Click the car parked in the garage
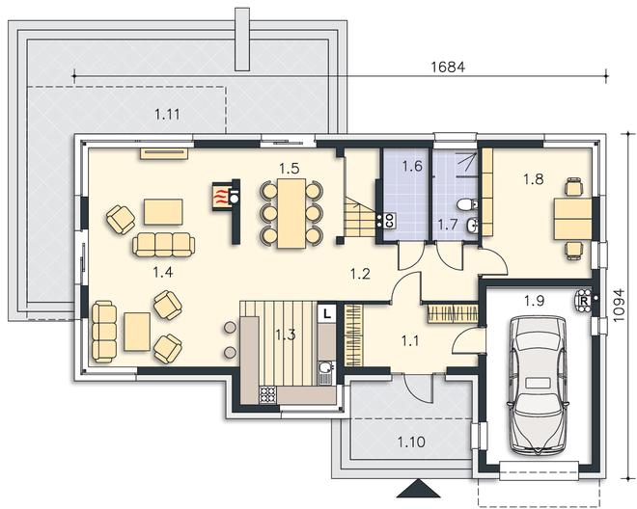click(537, 385)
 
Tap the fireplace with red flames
click(221, 197)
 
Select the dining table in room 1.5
click(291, 213)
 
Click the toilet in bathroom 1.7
click(467, 204)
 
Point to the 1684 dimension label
click(448, 67)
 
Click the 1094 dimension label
click(619, 306)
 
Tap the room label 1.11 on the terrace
click(167, 115)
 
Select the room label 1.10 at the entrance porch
click(411, 442)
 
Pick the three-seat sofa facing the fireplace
click(164, 245)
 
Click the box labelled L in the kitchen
click(326, 313)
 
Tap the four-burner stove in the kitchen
click(267, 394)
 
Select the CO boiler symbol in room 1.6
click(388, 221)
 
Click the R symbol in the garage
click(584, 301)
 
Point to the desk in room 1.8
click(572, 219)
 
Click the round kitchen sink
click(325, 367)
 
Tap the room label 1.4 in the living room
click(163, 272)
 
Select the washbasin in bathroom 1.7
click(472, 225)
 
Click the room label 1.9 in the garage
click(534, 301)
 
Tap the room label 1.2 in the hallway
click(360, 274)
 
